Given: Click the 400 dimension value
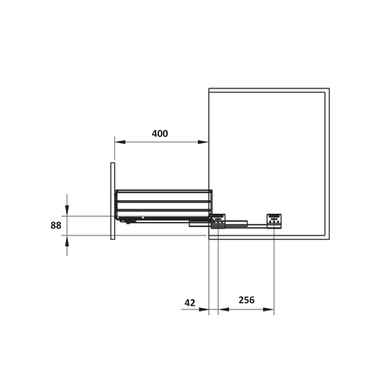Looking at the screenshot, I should (159, 133).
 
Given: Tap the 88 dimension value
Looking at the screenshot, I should (55, 226).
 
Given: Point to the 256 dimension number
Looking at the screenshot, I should (246, 301).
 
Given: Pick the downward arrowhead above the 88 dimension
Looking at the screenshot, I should (67, 212).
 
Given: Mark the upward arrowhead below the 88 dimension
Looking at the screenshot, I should (67, 239).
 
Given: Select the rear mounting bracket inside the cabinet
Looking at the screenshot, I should (275, 220).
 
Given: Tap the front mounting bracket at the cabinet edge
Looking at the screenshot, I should (218, 218).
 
